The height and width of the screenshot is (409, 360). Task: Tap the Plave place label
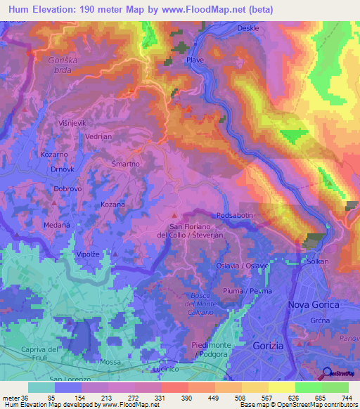(x=195, y=60)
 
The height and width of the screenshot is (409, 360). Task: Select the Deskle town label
(x=229, y=28)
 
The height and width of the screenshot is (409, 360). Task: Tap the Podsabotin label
(x=233, y=215)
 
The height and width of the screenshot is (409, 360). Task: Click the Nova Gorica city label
(x=314, y=304)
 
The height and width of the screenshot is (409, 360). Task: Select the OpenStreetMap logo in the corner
(x=340, y=374)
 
